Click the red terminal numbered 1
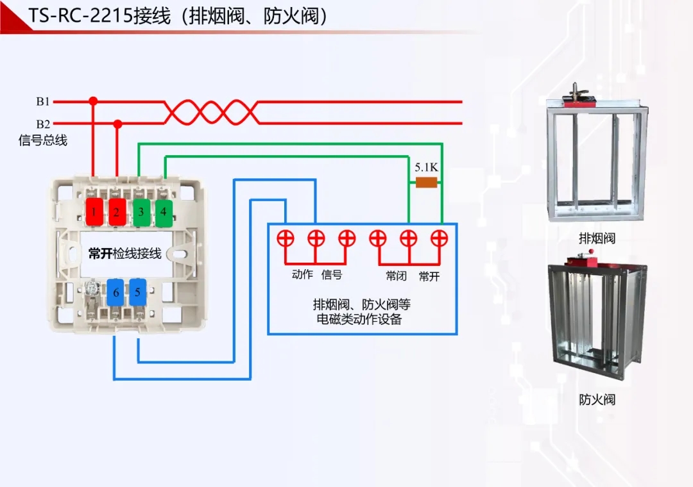[x=94, y=211]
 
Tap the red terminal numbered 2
[x=116, y=211]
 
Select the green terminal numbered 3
[x=141, y=211]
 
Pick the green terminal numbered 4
[x=164, y=211]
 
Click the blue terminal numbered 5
[x=137, y=292]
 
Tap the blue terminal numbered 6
[x=116, y=292]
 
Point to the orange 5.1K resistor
[x=427, y=183]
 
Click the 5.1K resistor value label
[x=426, y=167]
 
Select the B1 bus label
[x=43, y=101]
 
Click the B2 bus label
[x=43, y=124]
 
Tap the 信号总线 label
[x=43, y=140]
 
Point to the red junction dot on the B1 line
[x=93, y=101]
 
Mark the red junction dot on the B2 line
[x=117, y=123]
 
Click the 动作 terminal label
[x=302, y=275]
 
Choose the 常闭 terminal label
[x=396, y=276]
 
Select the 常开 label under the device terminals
[x=429, y=276]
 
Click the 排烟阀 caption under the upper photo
[x=597, y=238]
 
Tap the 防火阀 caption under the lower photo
[x=597, y=400]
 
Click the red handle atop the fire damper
[x=580, y=260]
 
